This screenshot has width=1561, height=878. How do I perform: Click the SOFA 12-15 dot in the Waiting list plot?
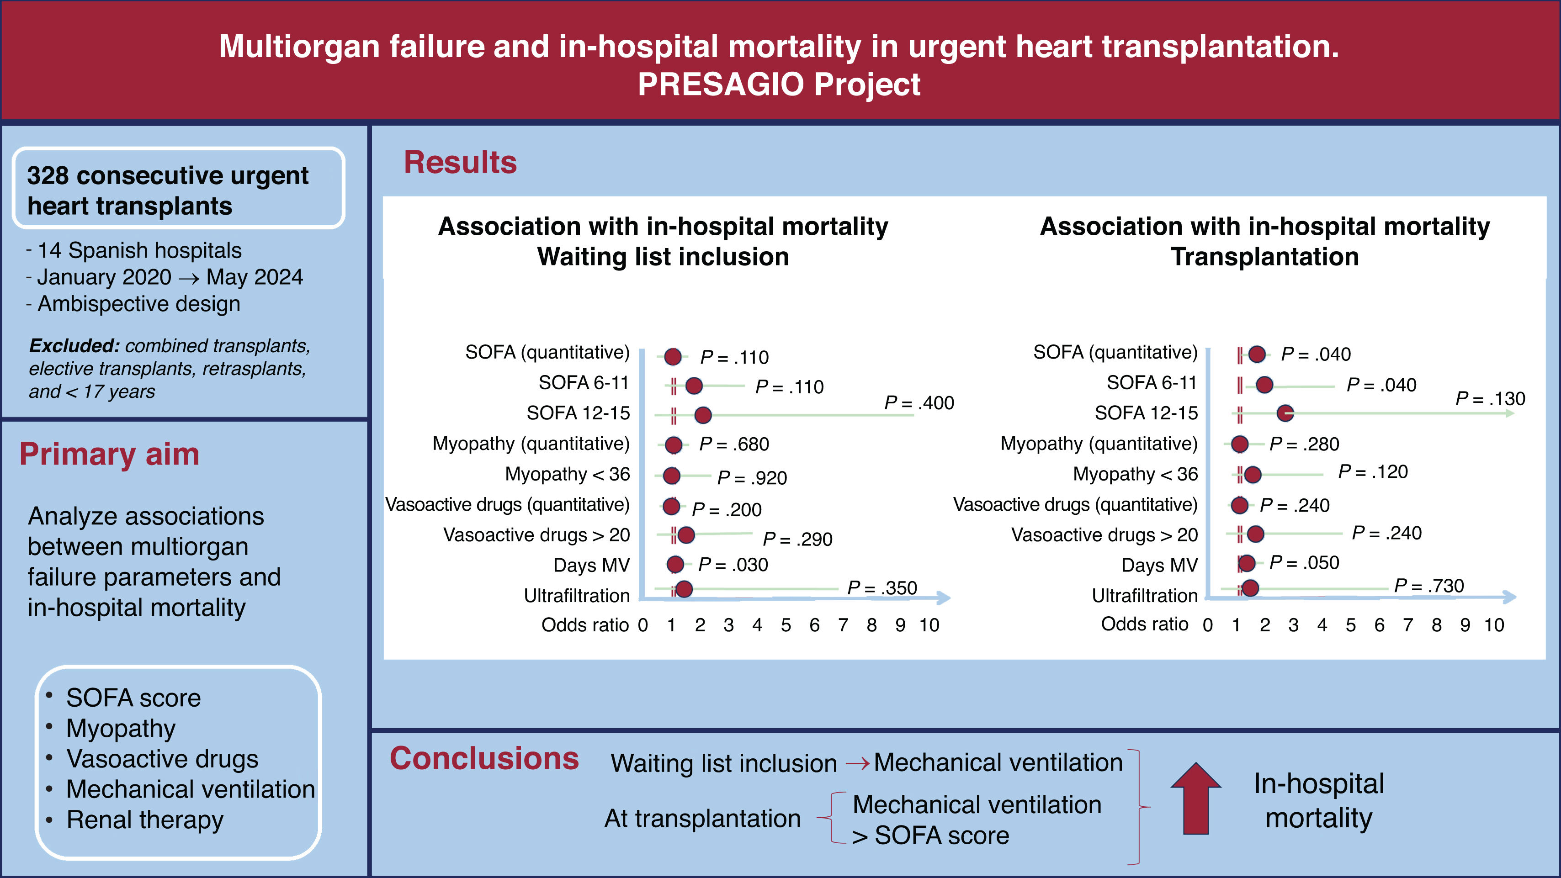[x=703, y=415]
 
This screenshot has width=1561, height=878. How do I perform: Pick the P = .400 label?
[x=919, y=402]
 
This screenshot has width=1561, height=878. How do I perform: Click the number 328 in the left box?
[x=48, y=176]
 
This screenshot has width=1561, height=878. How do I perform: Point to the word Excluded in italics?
[x=74, y=345]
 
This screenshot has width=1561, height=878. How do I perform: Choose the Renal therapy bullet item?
[x=145, y=820]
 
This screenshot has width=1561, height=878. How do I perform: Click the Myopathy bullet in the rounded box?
[x=121, y=728]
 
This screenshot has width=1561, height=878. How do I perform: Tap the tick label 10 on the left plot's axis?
[x=929, y=625]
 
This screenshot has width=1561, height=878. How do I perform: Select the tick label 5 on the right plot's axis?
[x=1351, y=625]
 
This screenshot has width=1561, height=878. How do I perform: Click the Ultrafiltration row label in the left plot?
[x=577, y=596]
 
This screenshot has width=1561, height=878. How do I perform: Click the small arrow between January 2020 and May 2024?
[x=189, y=278]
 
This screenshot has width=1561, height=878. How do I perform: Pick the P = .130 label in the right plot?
[x=1490, y=399]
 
